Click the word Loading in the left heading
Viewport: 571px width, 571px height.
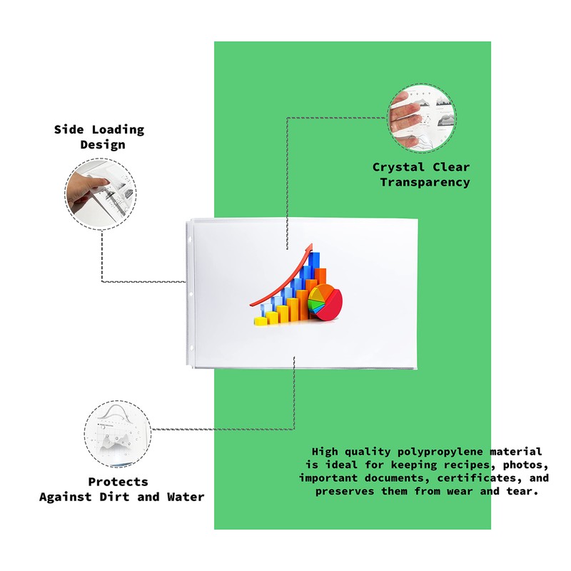pos(118,130)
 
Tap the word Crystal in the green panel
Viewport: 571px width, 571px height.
pos(398,167)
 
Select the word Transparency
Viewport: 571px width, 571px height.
pos(425,182)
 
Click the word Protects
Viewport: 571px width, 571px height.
pos(118,482)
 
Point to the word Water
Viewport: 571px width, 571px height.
pos(186,497)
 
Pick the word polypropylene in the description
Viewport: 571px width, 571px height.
pos(440,452)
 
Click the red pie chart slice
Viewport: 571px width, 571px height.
pos(332,305)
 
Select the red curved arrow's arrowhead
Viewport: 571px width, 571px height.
pos(309,249)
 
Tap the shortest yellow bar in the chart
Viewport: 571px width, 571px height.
pos(261,320)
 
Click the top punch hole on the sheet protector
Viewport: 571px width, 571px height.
pos(191,241)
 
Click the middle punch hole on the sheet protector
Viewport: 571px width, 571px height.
pos(191,293)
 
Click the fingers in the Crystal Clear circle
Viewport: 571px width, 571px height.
pos(405,117)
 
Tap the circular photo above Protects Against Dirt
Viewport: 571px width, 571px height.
pos(118,434)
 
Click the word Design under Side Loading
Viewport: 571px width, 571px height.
pos(103,145)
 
